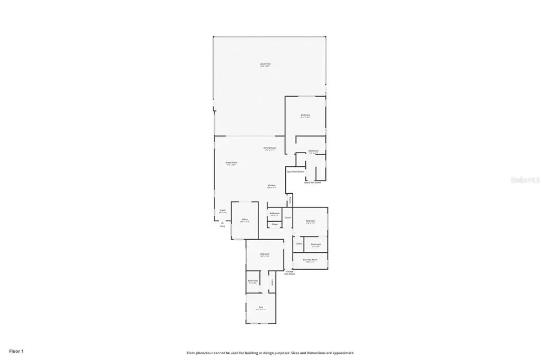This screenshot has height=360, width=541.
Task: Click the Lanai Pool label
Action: [x=265, y=65]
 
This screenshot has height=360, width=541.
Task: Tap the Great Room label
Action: [x=230, y=163]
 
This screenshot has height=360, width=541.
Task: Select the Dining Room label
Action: [x=270, y=148]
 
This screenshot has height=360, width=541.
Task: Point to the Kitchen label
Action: [x=271, y=186]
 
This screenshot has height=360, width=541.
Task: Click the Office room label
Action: [x=245, y=220]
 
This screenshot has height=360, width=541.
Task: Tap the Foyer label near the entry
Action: [x=223, y=211]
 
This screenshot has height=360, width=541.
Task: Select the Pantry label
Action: [x=290, y=200]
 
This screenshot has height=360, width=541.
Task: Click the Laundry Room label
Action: [x=310, y=260]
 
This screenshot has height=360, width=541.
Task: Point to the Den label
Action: [x=260, y=308]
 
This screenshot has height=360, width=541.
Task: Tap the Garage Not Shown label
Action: [x=290, y=273]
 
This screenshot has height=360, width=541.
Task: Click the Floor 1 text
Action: [x=16, y=351]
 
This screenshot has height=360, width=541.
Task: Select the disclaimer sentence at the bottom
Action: [x=270, y=353]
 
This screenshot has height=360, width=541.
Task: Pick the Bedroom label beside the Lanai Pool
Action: [x=305, y=116]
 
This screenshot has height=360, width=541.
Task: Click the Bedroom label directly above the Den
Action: [x=265, y=255]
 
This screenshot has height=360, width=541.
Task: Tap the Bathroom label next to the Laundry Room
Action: [x=316, y=244]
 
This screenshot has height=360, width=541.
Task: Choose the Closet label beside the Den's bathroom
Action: [x=272, y=282]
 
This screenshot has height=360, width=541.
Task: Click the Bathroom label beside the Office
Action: [x=274, y=214]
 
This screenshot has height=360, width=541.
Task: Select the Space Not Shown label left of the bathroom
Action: [x=295, y=172]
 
